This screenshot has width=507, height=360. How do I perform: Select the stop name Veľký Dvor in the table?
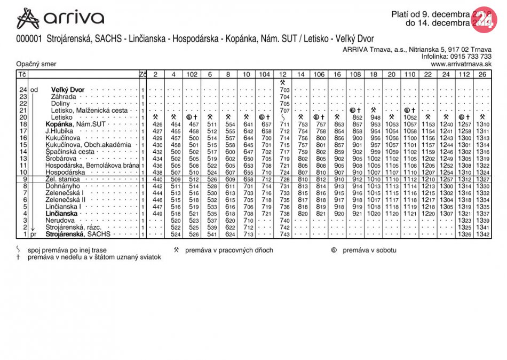[x=68, y=90]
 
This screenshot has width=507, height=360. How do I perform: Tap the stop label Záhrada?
[x=64, y=97]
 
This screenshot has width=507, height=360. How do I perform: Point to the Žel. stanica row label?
[x=62, y=179]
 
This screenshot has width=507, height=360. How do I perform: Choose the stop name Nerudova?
[x=60, y=220]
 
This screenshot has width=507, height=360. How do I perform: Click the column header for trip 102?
[x=192, y=74]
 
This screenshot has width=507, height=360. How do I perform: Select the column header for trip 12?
[x=283, y=74]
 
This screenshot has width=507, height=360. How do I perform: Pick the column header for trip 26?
[x=482, y=74]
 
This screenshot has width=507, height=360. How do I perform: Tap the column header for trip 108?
[x=355, y=74]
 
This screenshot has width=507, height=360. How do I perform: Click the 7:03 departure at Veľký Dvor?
[x=284, y=90]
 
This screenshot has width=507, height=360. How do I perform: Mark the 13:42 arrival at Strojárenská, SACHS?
[x=482, y=234]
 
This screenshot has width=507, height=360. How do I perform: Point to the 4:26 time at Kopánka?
[x=157, y=124]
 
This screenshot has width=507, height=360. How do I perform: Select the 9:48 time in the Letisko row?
[x=374, y=118]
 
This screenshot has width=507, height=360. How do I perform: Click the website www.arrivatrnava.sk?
[x=461, y=64]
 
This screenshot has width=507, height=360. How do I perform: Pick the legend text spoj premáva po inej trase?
[x=68, y=250]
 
